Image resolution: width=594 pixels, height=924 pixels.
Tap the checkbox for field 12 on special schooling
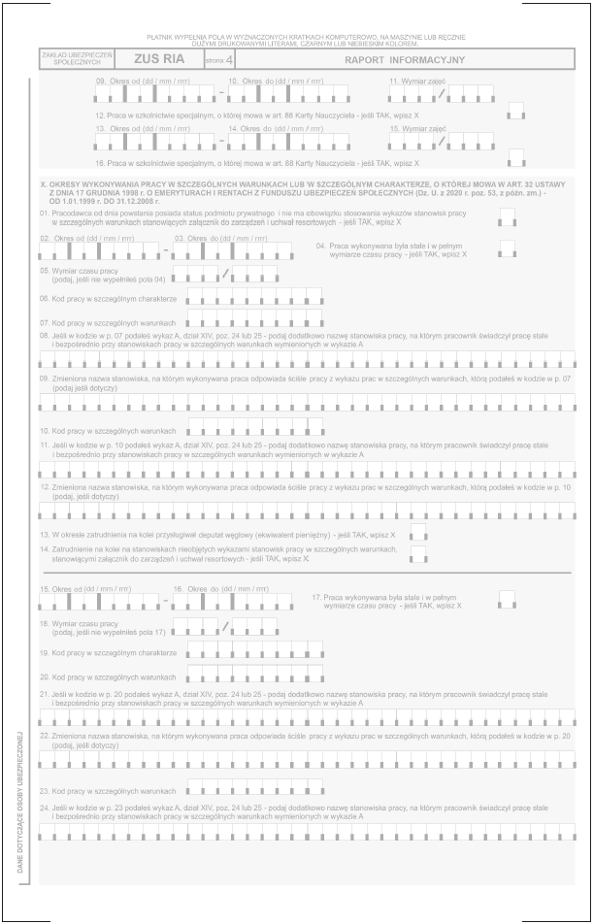[516, 112]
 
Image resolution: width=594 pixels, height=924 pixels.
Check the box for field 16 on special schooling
[516, 158]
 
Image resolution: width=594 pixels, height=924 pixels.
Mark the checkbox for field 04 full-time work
[507, 248]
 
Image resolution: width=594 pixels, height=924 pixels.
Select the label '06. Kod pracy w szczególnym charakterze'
[108, 298]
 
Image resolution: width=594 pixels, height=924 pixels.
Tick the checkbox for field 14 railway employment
[418, 553]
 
